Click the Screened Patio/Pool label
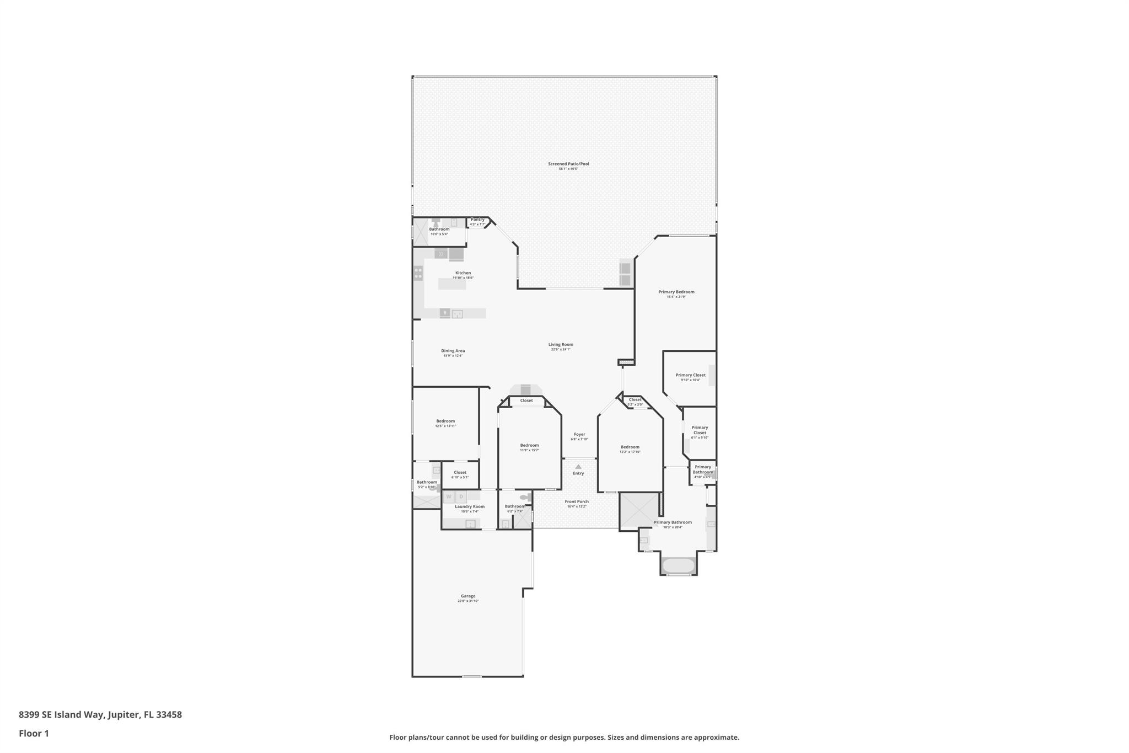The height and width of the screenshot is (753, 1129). tap(568, 164)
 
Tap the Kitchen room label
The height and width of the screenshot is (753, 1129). tap(463, 273)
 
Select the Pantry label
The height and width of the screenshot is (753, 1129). tap(477, 220)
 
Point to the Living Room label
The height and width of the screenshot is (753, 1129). tap(561, 345)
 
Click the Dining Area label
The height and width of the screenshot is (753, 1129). tap(453, 351)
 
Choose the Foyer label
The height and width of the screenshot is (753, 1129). tap(579, 435)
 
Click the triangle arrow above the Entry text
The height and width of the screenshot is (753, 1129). tap(578, 467)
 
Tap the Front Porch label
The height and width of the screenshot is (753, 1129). tap(577, 502)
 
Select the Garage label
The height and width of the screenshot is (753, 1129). tap(468, 596)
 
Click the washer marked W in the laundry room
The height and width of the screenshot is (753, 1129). tap(449, 497)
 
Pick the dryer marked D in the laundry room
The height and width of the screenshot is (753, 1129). tap(461, 497)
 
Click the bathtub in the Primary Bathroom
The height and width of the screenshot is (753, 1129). tap(678, 565)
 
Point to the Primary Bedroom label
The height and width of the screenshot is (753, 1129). tap(676, 292)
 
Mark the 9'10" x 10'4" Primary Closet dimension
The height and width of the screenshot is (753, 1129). tap(690, 380)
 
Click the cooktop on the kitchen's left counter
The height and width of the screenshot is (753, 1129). tap(418, 273)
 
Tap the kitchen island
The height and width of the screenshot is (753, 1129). tap(452, 284)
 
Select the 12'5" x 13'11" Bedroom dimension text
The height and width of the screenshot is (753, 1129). tap(445, 426)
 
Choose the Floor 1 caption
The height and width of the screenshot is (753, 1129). tap(34, 734)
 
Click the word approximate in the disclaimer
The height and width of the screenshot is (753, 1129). tap(716, 738)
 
